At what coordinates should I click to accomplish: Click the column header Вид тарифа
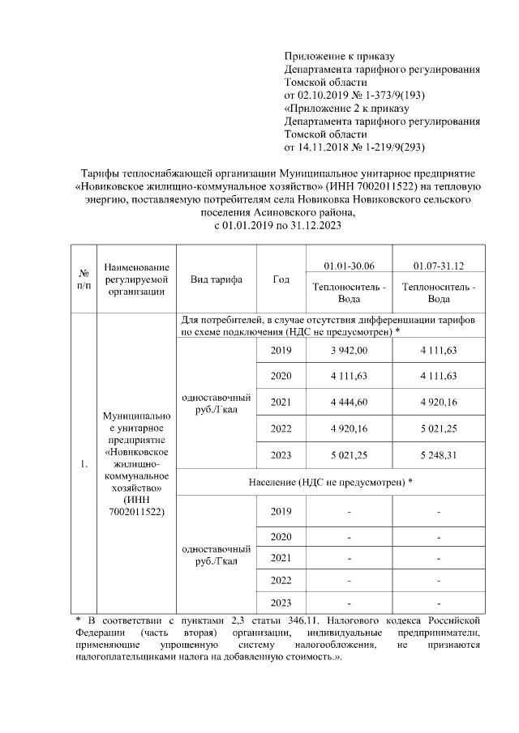[x=216, y=279]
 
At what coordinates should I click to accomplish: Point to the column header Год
[x=281, y=279]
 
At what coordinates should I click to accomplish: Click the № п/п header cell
[x=83, y=279]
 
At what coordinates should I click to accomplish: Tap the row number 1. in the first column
[x=83, y=464]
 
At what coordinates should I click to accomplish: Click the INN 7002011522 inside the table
[x=135, y=513]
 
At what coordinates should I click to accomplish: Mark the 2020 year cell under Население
[x=281, y=536]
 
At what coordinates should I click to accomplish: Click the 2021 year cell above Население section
[x=281, y=402]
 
